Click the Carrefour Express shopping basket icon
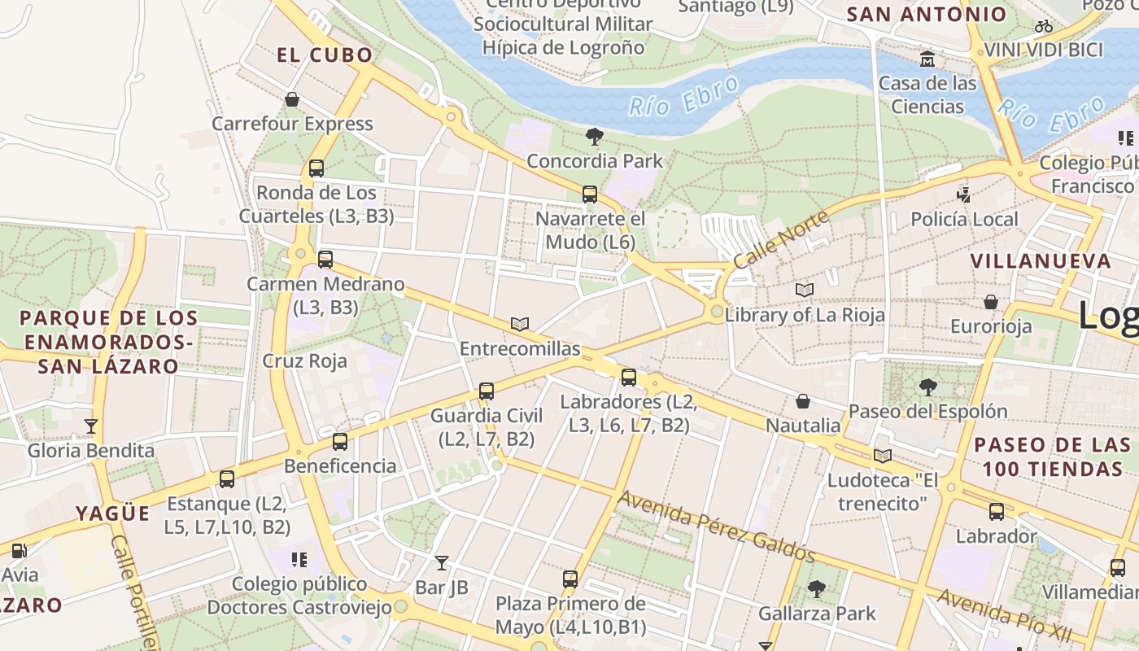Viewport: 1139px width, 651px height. coord(292,100)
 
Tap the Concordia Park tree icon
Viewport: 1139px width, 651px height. coord(595,137)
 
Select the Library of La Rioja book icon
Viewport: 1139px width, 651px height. coord(805,290)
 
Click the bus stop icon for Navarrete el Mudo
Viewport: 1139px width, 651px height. coord(590,194)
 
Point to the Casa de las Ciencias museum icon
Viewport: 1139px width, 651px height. coord(927,59)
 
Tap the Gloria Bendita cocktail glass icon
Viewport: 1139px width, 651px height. coord(91,426)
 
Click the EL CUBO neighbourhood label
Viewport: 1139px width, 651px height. coord(325,55)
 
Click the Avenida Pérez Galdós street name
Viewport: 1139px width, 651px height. coord(716,526)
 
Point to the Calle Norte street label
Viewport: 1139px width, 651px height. coord(781,239)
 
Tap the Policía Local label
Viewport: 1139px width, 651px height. coord(964,219)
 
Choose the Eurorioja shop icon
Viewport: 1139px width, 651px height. coord(991,303)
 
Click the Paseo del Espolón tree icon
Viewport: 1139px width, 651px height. coord(927,387)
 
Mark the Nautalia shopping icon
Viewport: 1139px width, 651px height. coord(803,401)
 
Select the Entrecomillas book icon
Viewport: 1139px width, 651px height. coord(520,324)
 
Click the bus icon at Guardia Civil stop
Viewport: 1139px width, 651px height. coord(487,391)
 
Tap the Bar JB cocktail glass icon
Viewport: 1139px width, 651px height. coord(441,562)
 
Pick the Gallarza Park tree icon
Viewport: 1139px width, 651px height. coord(817,588)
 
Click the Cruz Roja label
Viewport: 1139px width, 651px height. coord(304,360)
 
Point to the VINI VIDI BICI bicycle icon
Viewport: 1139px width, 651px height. coord(1044,26)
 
